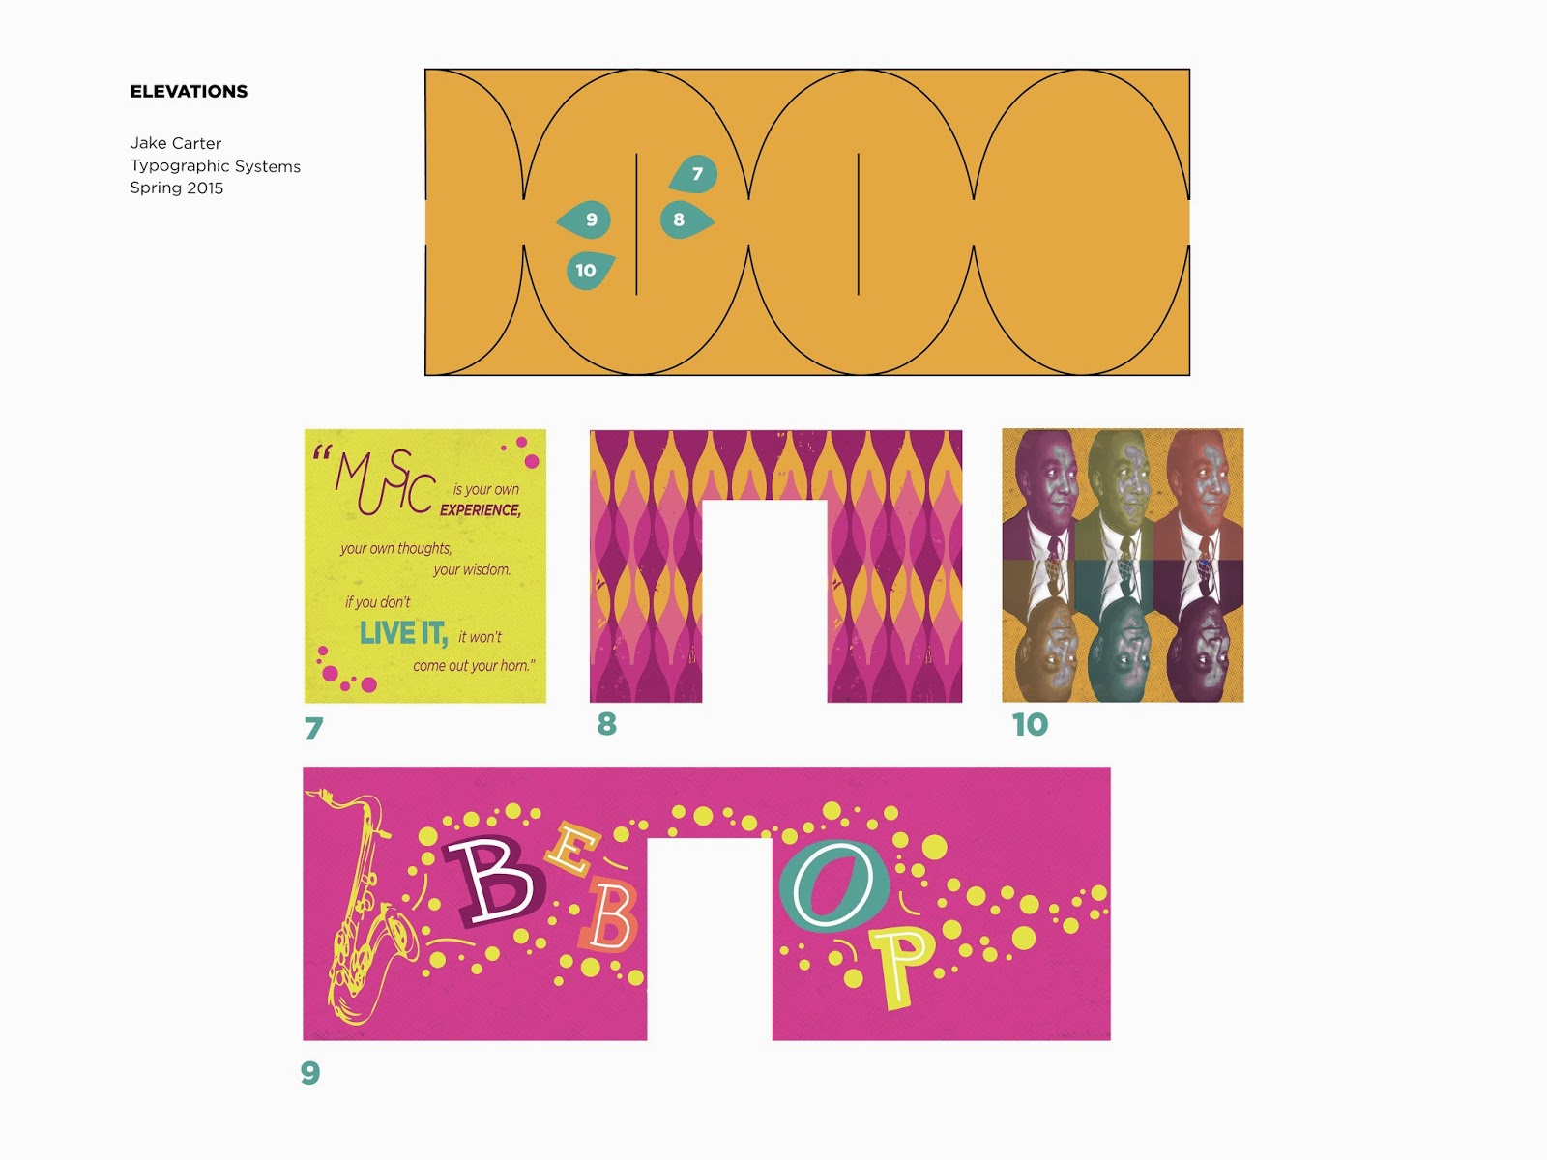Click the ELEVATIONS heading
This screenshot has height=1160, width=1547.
(x=189, y=92)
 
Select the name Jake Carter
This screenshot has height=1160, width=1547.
(x=176, y=143)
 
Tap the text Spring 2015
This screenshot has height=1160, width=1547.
(x=176, y=188)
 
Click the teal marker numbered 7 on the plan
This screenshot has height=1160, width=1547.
(x=693, y=173)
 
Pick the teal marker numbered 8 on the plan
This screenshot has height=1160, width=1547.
(x=686, y=219)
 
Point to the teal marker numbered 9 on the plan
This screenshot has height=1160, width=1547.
(x=584, y=219)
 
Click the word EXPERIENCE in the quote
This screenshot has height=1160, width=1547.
(x=481, y=510)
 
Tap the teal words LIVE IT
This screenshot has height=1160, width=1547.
(x=403, y=633)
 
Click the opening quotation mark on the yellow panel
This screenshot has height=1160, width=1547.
(x=321, y=451)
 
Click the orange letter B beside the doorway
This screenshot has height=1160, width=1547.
(x=608, y=916)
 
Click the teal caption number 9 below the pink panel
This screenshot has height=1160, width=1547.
(x=310, y=1073)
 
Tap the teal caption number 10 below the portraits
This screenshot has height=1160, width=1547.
(x=1031, y=725)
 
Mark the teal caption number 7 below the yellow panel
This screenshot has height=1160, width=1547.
(x=314, y=728)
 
